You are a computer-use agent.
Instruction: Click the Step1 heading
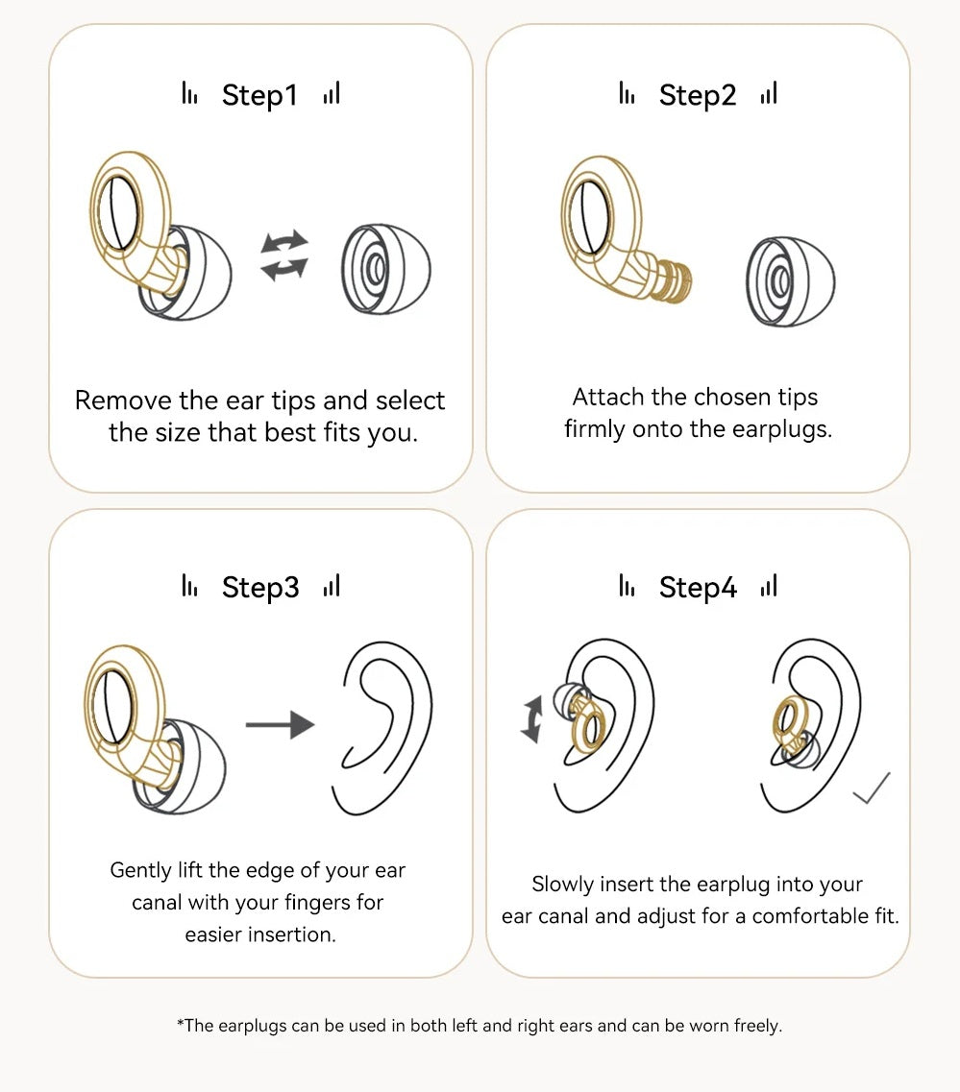[x=259, y=95]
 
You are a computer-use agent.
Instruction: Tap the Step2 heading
[x=698, y=95]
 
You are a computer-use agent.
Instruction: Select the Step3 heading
[x=259, y=587]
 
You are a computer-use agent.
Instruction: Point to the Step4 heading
[x=698, y=587]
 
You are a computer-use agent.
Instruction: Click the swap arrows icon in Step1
[x=284, y=255]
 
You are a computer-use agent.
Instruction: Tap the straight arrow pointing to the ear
[x=280, y=724]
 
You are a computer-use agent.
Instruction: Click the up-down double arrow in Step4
[x=531, y=718]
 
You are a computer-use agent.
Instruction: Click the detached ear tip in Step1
[x=386, y=269]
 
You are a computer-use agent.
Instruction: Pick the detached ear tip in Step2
[x=790, y=281]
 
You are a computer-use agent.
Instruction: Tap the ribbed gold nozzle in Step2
[x=673, y=281]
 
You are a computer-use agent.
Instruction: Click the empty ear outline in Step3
[x=382, y=727]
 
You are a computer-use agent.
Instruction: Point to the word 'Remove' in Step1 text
[x=123, y=400]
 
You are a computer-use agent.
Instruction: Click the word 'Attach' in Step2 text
[x=608, y=397]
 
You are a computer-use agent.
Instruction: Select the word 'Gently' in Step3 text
[x=140, y=870]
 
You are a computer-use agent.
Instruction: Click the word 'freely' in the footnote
[x=757, y=1026]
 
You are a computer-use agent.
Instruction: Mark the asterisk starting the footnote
[x=181, y=1022]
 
